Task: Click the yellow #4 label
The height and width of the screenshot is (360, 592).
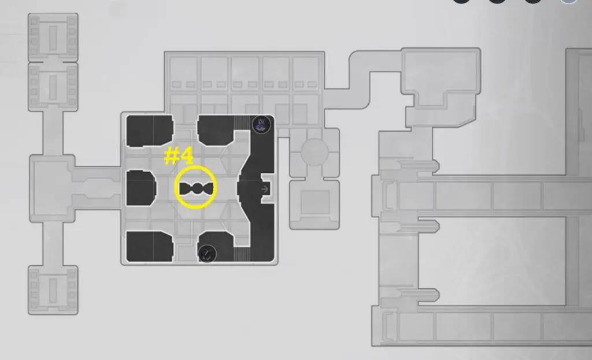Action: (x=179, y=156)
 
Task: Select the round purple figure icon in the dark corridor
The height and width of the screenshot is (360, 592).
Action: (x=261, y=125)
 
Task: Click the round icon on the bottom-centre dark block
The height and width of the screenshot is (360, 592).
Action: (x=207, y=253)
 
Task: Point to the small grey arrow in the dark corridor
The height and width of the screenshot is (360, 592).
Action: (x=265, y=189)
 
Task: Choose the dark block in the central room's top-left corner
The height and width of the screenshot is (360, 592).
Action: (x=150, y=131)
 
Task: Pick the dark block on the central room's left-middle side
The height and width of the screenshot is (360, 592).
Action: (x=141, y=188)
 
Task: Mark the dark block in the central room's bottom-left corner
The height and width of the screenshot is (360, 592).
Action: (x=150, y=246)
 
